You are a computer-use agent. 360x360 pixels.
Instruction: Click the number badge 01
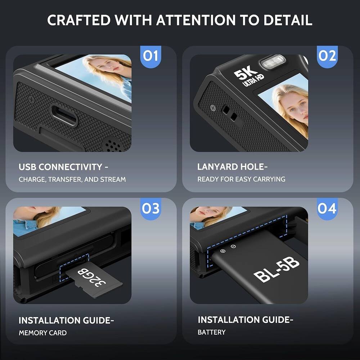150,56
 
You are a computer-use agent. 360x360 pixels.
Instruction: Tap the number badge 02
327,56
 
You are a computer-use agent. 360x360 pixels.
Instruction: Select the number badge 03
150,208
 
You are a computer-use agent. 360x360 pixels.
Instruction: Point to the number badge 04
327,208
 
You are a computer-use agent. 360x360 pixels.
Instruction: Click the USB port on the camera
63,115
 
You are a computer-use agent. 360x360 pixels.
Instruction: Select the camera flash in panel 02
272,62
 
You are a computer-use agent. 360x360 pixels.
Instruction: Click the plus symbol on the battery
222,251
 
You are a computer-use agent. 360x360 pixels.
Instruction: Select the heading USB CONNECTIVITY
63,167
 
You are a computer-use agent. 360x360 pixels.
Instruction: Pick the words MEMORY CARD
42,333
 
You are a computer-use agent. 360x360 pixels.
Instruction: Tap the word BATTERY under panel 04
211,332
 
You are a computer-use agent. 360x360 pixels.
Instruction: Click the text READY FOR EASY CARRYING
241,179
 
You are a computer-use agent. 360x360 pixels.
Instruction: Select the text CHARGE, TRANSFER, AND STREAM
72,179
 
